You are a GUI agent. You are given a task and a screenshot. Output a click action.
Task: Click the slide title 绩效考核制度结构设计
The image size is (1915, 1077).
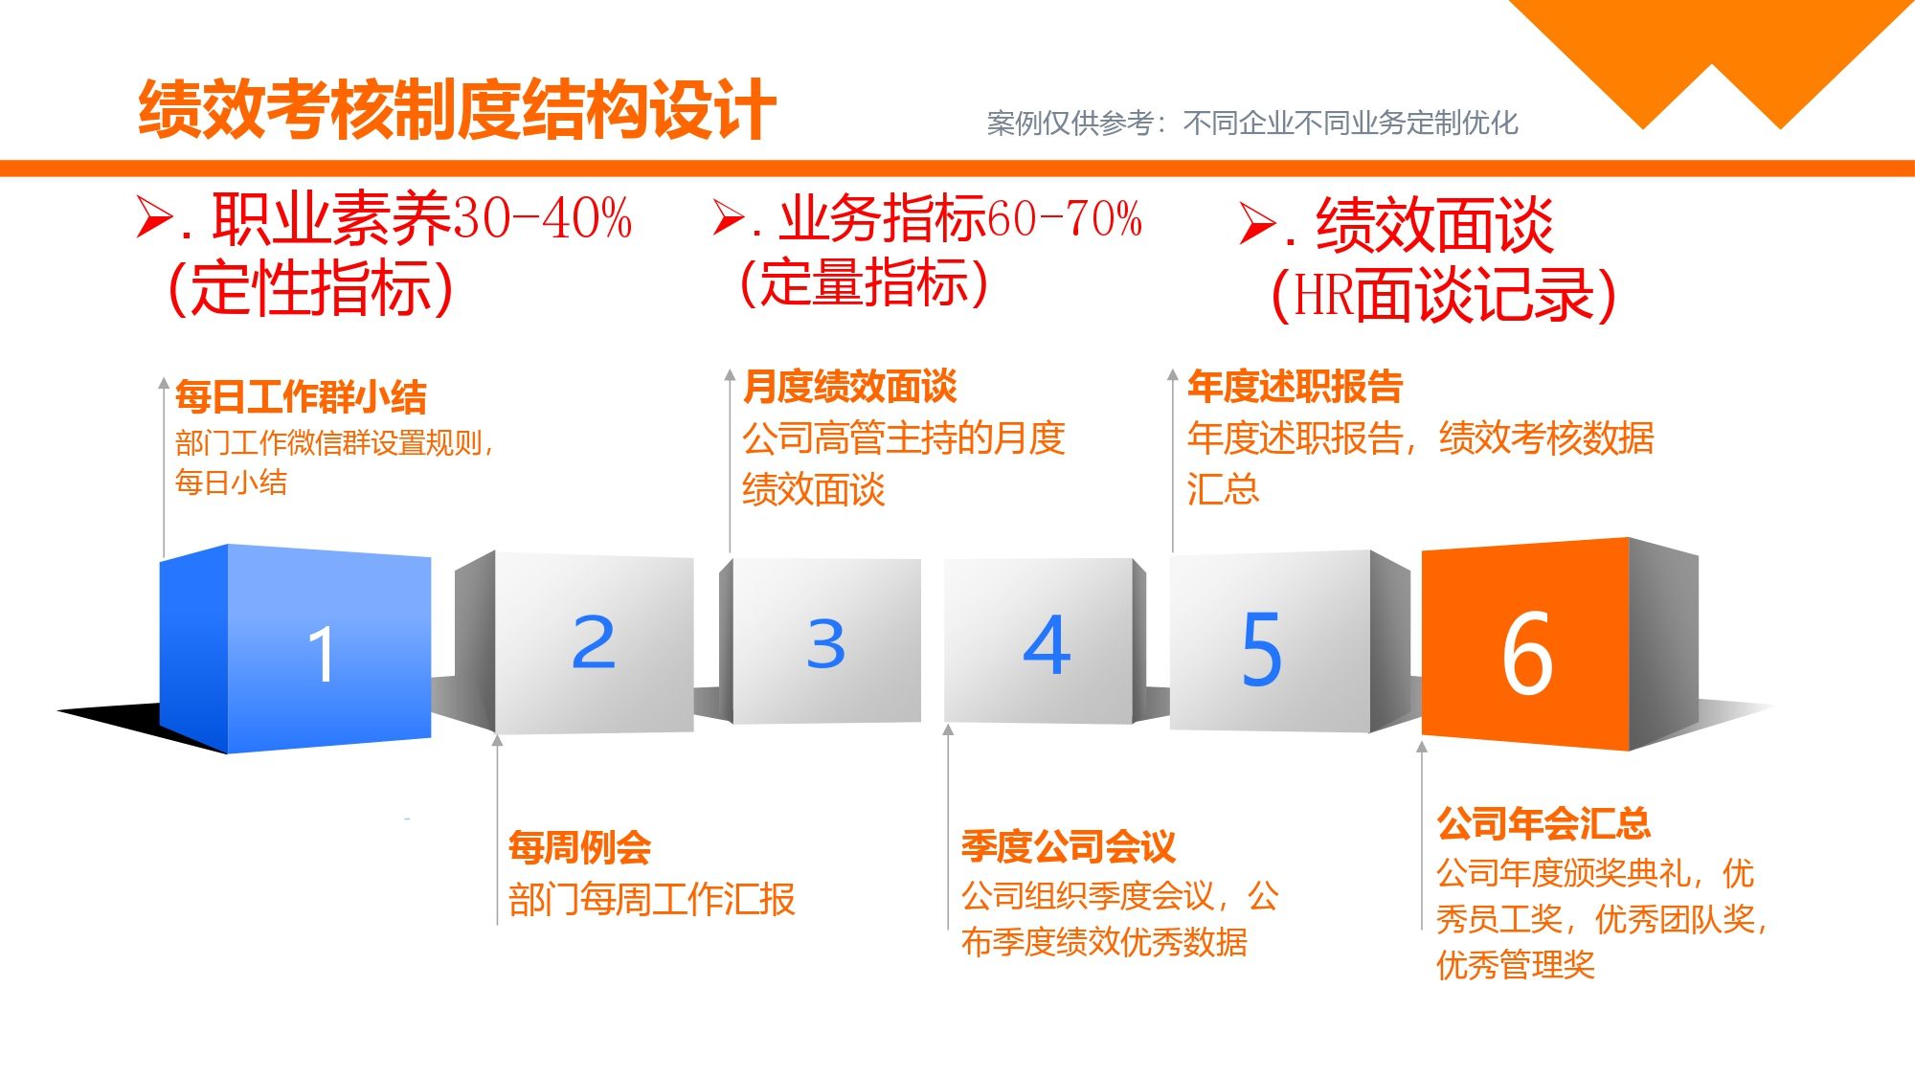(x=457, y=109)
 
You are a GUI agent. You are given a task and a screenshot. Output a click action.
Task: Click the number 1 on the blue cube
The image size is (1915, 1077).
(x=322, y=655)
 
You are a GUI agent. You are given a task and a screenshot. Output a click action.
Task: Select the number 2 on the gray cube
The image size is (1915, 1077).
(x=594, y=641)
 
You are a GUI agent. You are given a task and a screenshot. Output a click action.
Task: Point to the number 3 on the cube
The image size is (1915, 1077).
(x=826, y=643)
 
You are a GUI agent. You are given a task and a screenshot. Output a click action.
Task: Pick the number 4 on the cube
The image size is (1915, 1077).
(x=1047, y=644)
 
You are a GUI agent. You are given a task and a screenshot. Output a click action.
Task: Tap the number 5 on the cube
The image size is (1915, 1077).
(x=1261, y=649)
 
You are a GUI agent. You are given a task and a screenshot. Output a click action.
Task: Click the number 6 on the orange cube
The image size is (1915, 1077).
(x=1527, y=653)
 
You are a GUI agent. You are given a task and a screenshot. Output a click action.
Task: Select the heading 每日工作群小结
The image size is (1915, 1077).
(x=301, y=396)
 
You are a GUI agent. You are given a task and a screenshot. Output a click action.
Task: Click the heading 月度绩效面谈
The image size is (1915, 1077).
(x=850, y=386)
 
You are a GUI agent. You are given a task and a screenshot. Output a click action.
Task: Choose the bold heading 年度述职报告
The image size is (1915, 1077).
(x=1295, y=386)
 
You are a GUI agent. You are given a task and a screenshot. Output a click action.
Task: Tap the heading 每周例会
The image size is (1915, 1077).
(x=580, y=847)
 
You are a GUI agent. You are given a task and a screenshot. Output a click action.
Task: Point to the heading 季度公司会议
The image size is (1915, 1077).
(x=1069, y=846)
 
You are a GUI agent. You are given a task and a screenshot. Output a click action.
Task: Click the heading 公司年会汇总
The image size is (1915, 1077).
(x=1543, y=822)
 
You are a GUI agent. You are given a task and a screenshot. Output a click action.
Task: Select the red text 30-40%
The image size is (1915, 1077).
(x=541, y=218)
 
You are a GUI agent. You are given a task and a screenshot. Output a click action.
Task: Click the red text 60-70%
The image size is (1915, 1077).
(x=1064, y=218)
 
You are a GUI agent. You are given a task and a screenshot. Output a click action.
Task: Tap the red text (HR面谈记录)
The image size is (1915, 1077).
(x=1443, y=293)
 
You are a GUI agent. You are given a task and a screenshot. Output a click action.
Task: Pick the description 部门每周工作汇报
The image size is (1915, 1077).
(x=652, y=900)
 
